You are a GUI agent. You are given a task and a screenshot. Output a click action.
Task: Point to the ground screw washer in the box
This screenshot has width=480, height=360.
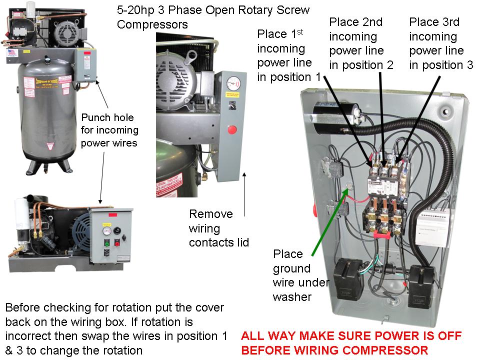[350, 187]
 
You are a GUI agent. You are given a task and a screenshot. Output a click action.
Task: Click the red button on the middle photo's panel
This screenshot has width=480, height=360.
[231, 130]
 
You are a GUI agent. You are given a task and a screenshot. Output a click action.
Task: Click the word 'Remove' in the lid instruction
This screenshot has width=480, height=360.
[210, 214]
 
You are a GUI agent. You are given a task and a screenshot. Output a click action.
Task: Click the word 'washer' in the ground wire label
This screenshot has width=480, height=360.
[292, 297]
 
